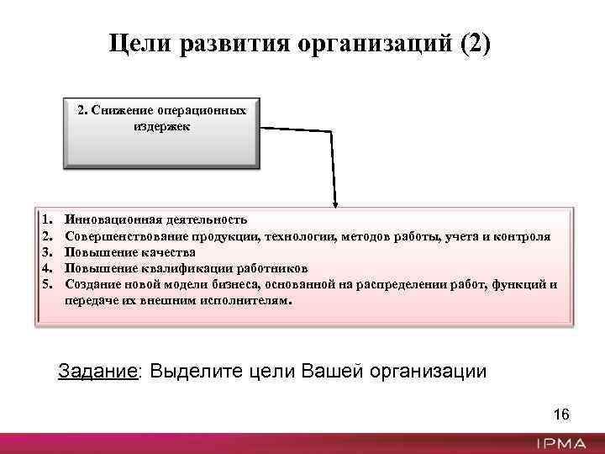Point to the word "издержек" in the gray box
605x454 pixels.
(161, 126)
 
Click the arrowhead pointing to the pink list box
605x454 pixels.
(336, 202)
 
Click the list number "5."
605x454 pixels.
(47, 284)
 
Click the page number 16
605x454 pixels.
(561, 414)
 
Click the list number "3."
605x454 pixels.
(47, 252)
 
